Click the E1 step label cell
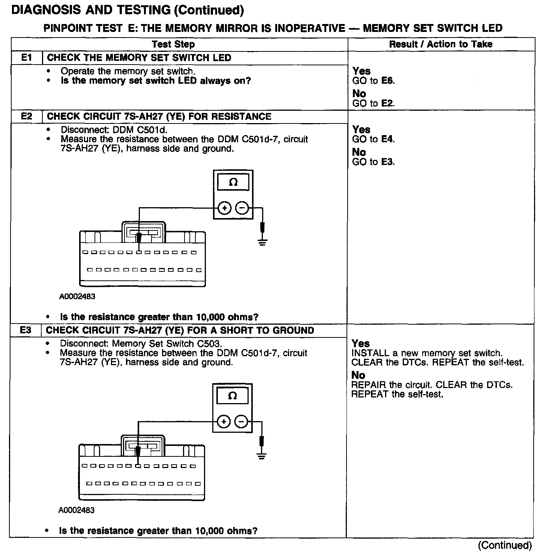tap(27, 58)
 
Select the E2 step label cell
tap(27, 116)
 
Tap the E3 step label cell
tap(25, 330)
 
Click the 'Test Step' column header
tap(173, 44)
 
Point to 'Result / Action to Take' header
tap(441, 44)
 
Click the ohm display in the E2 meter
tap(233, 183)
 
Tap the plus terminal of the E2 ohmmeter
tap(224, 208)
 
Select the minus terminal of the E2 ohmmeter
tap(242, 208)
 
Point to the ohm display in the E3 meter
tap(232, 396)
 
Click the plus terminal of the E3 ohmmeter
tap(223, 422)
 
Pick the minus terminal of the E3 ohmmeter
tap(241, 422)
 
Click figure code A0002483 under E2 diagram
tap(77, 297)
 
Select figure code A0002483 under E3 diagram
tap(76, 510)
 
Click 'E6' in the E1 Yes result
tap(387, 81)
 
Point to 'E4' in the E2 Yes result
tap(387, 139)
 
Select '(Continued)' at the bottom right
tap(505, 545)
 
